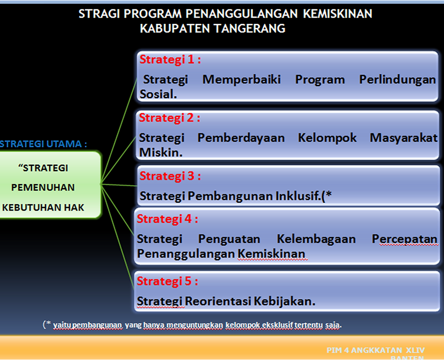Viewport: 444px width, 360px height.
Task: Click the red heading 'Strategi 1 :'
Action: coord(170,60)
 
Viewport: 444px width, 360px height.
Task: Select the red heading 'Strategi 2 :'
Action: coord(169,118)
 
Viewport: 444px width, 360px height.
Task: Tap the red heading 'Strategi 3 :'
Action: coord(170,176)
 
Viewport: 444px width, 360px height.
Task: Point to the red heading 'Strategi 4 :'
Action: coord(168,219)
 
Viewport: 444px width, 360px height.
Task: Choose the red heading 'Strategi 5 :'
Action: coord(168,281)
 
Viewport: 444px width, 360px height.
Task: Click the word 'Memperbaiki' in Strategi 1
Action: coord(242,80)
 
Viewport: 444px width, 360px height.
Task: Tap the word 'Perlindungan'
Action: coord(398,80)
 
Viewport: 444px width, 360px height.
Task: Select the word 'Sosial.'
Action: coord(158,94)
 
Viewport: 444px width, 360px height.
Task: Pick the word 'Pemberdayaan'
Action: coord(241,138)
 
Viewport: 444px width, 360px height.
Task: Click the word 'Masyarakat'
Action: coord(404,138)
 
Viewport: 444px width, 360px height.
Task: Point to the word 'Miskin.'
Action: coord(161,153)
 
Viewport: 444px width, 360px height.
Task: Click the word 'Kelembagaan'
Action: coord(316,239)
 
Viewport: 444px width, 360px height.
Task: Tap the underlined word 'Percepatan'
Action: coord(404,239)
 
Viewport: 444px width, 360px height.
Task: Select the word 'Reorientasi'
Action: coord(218,301)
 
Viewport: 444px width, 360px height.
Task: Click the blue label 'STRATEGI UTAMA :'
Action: coord(43,144)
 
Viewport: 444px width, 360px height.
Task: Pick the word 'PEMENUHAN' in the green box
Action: coord(43,188)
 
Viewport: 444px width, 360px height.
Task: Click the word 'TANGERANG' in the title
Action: coord(250,28)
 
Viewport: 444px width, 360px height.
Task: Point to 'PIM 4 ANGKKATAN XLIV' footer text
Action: coord(376,350)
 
